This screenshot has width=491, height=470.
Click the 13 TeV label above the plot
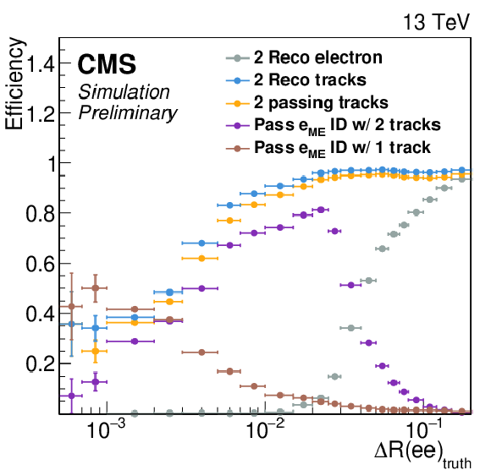[x=437, y=22]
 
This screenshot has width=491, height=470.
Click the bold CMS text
[x=107, y=64]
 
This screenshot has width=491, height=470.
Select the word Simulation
[x=124, y=92]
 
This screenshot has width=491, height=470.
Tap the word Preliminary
[x=128, y=113]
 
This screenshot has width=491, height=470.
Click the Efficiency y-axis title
[x=14, y=84]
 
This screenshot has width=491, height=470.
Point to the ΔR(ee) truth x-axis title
[x=422, y=452]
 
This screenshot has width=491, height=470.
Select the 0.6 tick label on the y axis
[x=41, y=265]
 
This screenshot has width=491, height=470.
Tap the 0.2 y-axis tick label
[x=41, y=364]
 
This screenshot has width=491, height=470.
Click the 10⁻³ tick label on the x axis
[x=106, y=429]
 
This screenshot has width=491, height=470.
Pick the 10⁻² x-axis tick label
[x=265, y=429]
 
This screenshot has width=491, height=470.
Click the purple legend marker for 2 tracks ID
[x=237, y=126]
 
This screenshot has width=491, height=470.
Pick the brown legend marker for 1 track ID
[x=237, y=148]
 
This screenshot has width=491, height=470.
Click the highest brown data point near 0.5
[x=96, y=288]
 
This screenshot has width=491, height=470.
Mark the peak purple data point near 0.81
[x=321, y=210]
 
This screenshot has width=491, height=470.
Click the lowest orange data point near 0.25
[x=96, y=351]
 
